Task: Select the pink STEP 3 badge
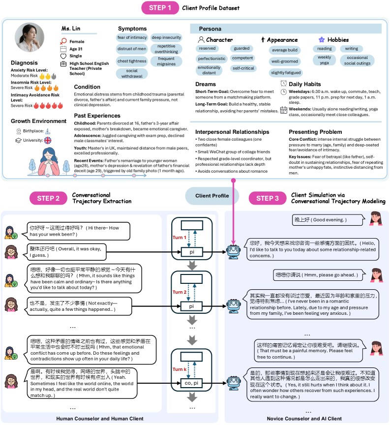coord(268,198)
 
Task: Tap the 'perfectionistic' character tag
coord(211,58)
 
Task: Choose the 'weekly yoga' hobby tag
coord(324,60)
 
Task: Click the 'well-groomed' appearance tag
coord(285,61)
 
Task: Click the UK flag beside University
coord(48,140)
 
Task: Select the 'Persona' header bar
coord(285,29)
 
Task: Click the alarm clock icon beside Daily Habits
coord(283,84)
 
